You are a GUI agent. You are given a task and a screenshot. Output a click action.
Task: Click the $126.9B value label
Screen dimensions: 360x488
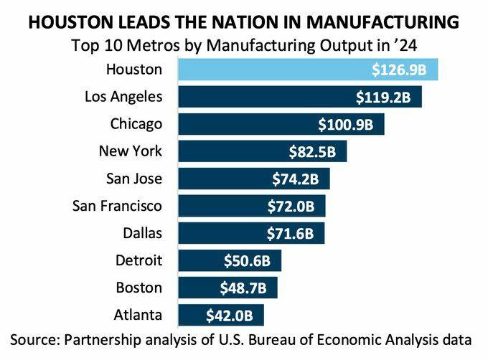(x=402, y=70)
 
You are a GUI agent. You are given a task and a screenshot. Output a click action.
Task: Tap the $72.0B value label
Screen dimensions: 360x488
(x=290, y=206)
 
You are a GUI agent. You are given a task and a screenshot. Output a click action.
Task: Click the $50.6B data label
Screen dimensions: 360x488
(x=246, y=260)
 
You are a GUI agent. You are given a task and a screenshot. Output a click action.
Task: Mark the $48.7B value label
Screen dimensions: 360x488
(x=242, y=288)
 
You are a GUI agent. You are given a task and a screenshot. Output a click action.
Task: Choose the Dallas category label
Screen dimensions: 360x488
(x=143, y=233)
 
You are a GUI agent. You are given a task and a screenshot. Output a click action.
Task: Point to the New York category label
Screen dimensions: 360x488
(x=130, y=151)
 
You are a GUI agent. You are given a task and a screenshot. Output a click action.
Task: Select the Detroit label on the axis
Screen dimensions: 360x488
(x=139, y=260)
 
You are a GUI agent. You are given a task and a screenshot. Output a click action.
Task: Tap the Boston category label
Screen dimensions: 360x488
(x=139, y=288)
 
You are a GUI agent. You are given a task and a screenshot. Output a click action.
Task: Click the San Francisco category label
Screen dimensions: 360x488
(x=118, y=206)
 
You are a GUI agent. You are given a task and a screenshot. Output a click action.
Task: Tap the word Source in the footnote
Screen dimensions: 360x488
(x=34, y=338)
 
